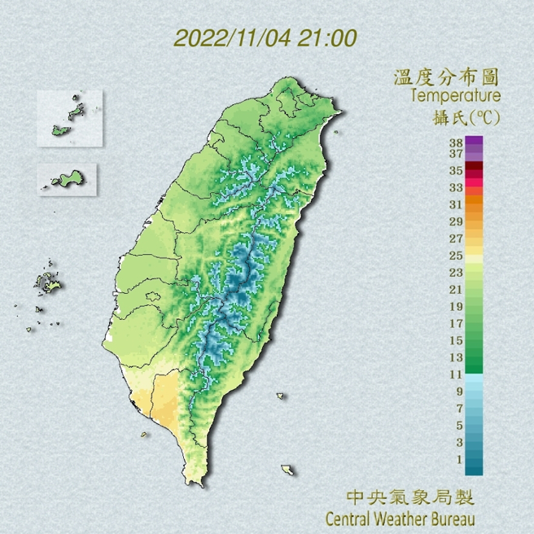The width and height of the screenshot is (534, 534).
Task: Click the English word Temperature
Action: point(456,98)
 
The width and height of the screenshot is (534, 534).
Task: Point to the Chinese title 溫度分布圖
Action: point(446,78)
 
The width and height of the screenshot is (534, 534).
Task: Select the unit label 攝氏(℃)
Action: point(466,118)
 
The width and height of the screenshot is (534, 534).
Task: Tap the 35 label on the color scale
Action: point(456,171)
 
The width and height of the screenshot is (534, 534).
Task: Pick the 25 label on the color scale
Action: point(456,256)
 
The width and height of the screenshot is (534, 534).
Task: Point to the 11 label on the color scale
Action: point(456,374)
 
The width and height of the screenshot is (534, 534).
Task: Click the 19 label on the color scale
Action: point(456,306)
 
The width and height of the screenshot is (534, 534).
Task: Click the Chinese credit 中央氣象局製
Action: point(409,497)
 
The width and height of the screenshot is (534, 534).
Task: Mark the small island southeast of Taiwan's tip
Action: point(287,470)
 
